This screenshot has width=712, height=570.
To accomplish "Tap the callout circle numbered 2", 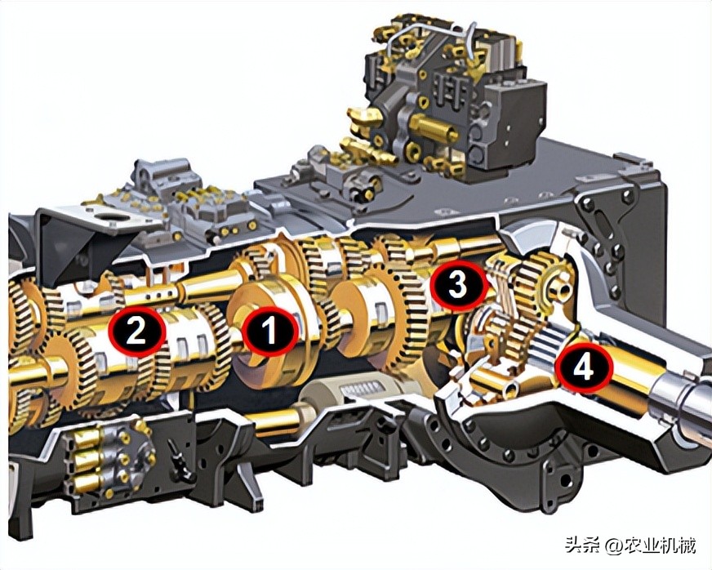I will click(x=136, y=330).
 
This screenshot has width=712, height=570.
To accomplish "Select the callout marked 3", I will click(x=458, y=285).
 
